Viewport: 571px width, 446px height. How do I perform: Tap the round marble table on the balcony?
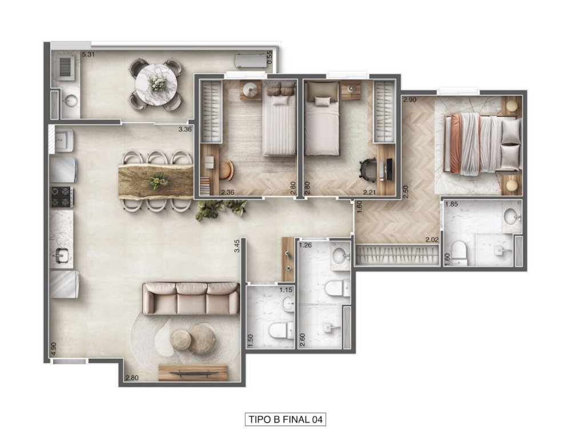(156, 83)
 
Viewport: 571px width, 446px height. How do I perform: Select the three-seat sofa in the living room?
(191, 298)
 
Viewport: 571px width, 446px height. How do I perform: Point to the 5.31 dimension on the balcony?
(89, 55)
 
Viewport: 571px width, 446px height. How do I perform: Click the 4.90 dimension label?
(54, 349)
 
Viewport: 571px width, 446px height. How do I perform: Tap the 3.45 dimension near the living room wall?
(236, 246)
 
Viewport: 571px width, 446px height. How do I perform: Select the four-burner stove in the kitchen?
(62, 197)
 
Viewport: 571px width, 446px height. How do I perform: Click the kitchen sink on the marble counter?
(61, 256)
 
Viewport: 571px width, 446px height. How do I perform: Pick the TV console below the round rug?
(192, 372)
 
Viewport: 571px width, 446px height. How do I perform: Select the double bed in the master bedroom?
(482, 144)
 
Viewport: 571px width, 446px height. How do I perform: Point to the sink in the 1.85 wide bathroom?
(510, 217)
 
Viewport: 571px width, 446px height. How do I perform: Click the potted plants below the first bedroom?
(220, 209)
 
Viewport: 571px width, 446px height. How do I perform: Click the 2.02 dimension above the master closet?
(431, 240)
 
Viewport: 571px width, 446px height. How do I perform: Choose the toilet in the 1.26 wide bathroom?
(337, 289)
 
